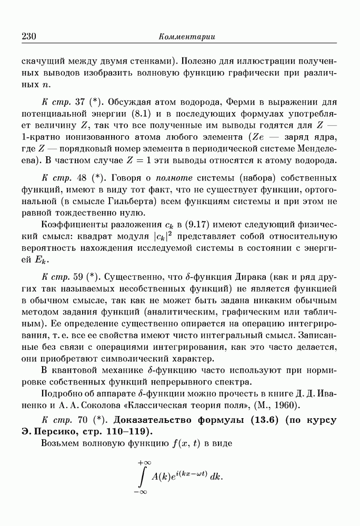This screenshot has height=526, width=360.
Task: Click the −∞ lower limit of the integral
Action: [x=141, y=493]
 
